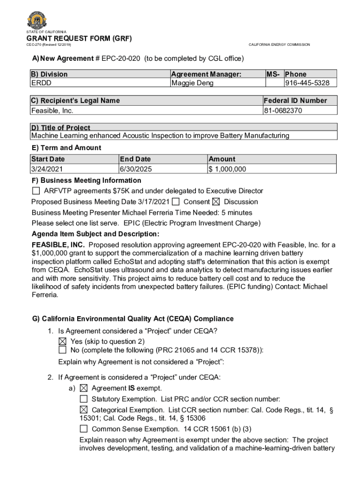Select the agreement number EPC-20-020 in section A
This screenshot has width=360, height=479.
pyautogui.click(x=118, y=58)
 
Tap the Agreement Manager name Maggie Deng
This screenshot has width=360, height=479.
pyautogui.click(x=192, y=83)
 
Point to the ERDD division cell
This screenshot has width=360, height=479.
pyautogui.click(x=41, y=83)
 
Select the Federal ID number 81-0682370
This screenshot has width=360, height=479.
pyautogui.click(x=283, y=110)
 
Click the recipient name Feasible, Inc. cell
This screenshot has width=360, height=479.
pyautogui.click(x=52, y=110)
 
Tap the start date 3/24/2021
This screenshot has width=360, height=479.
pyautogui.click(x=47, y=169)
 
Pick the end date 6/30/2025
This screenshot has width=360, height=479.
pyautogui.click(x=136, y=169)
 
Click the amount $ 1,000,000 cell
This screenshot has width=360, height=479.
pyautogui.click(x=228, y=169)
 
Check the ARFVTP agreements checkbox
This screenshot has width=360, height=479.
pyautogui.click(x=36, y=191)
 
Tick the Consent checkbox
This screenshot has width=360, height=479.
pyautogui.click(x=176, y=202)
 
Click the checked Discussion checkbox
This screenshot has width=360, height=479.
pyautogui.click(x=216, y=202)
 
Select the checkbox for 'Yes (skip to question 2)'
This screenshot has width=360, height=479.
pyautogui.click(x=63, y=341)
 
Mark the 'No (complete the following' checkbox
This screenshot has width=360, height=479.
pyautogui.click(x=63, y=350)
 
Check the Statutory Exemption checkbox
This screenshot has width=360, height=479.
pyautogui.click(x=84, y=399)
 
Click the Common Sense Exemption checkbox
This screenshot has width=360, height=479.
pyautogui.click(x=84, y=429)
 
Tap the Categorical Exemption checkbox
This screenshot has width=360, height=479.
pyautogui.click(x=84, y=410)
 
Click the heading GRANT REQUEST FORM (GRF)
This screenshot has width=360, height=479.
pyautogui.click(x=79, y=38)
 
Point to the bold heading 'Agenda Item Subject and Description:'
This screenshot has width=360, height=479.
pyautogui.click(x=95, y=234)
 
